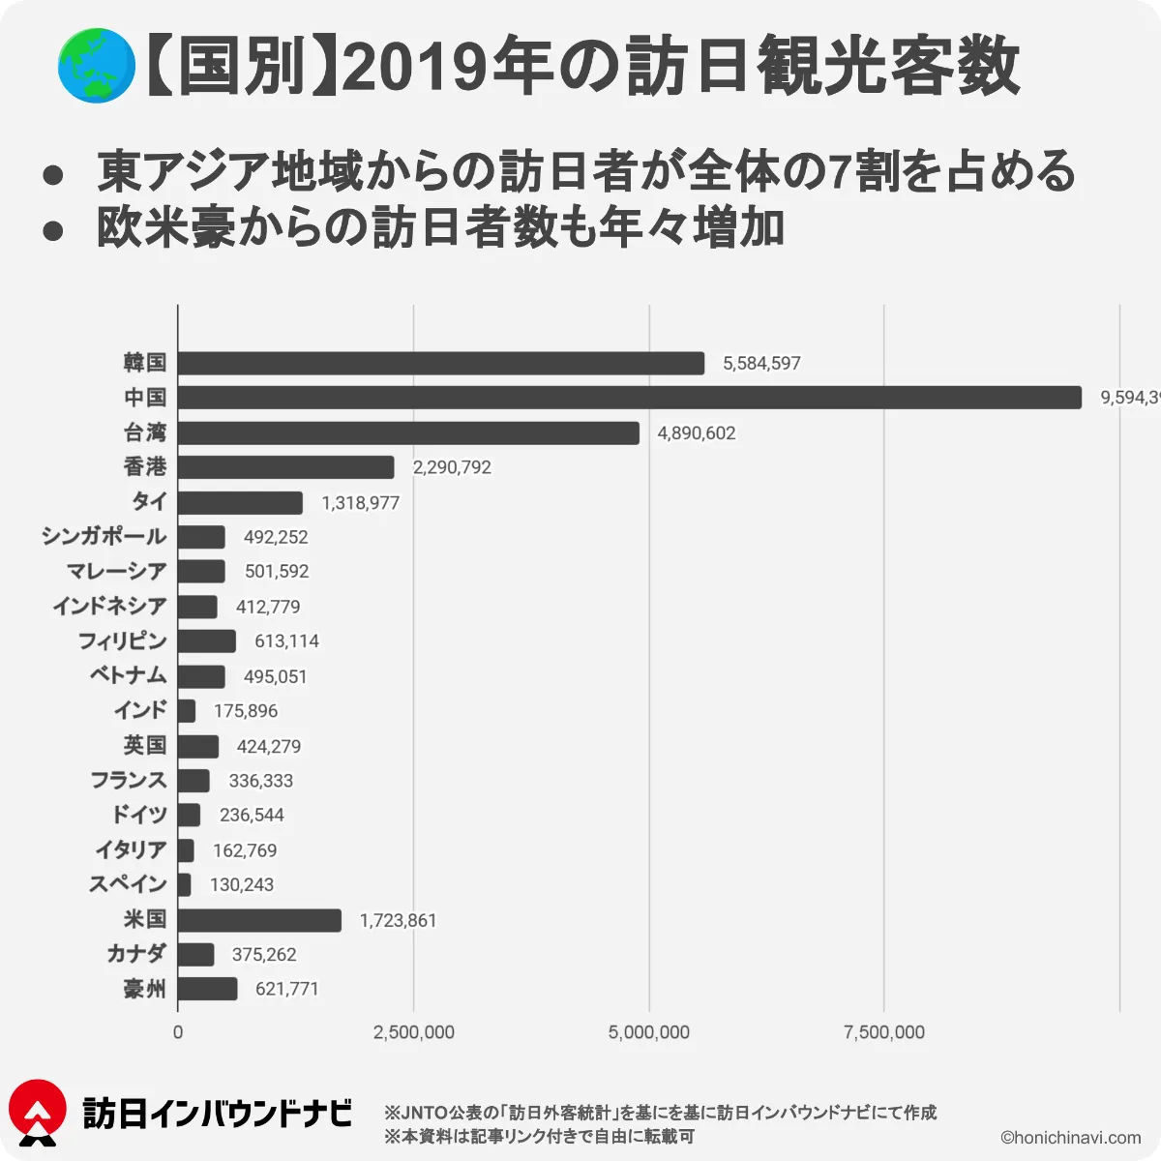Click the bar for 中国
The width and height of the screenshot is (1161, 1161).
click(629, 398)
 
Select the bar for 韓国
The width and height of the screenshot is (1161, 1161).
click(441, 363)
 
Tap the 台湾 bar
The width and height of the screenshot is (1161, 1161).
click(408, 432)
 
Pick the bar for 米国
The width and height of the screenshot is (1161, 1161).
click(259, 920)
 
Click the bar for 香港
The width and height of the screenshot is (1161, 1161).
click(286, 467)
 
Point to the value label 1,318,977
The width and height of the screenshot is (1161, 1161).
click(360, 503)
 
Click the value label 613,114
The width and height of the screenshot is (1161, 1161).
click(286, 641)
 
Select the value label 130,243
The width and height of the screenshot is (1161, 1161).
click(242, 885)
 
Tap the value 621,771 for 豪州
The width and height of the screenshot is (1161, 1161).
click(286, 989)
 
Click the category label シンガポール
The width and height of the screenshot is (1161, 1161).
click(104, 536)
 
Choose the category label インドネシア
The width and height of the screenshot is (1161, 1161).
click(109, 607)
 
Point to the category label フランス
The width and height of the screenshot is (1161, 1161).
click(129, 780)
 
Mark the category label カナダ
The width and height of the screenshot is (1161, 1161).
click(136, 954)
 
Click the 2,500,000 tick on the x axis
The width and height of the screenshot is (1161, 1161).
click(414, 1032)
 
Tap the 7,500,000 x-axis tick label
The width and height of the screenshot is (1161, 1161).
click(884, 1032)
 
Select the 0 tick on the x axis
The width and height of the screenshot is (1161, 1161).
click(178, 1032)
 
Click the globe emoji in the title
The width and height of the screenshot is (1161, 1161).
click(96, 66)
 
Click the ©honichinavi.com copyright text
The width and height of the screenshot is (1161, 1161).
click(1070, 1138)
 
